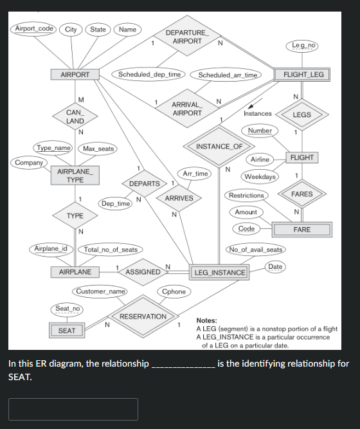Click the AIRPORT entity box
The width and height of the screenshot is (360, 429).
pos(75,75)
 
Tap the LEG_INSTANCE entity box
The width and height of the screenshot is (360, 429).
pos(219,272)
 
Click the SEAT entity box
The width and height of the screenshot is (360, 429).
pos(67,331)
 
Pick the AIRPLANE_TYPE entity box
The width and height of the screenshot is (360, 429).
pos(75,176)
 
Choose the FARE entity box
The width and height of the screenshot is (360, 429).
pos(301,230)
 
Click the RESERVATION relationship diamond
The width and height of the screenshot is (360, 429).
pos(143,316)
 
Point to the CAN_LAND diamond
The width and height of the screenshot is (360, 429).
pos(75,116)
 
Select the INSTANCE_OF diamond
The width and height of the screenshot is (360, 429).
pos(219,147)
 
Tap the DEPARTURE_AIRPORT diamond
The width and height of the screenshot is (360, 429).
pos(187,37)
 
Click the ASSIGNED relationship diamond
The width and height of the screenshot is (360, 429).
pos(143,272)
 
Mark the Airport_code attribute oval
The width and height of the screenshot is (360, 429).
pos(34,29)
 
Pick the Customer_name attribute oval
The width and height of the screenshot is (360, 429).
pos(101,291)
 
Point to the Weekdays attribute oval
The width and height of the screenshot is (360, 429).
pos(260,176)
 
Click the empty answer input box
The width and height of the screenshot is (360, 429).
pos(73,409)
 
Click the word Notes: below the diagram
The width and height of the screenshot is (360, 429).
pos(206,320)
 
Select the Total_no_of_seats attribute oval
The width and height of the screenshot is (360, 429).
pos(111,250)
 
